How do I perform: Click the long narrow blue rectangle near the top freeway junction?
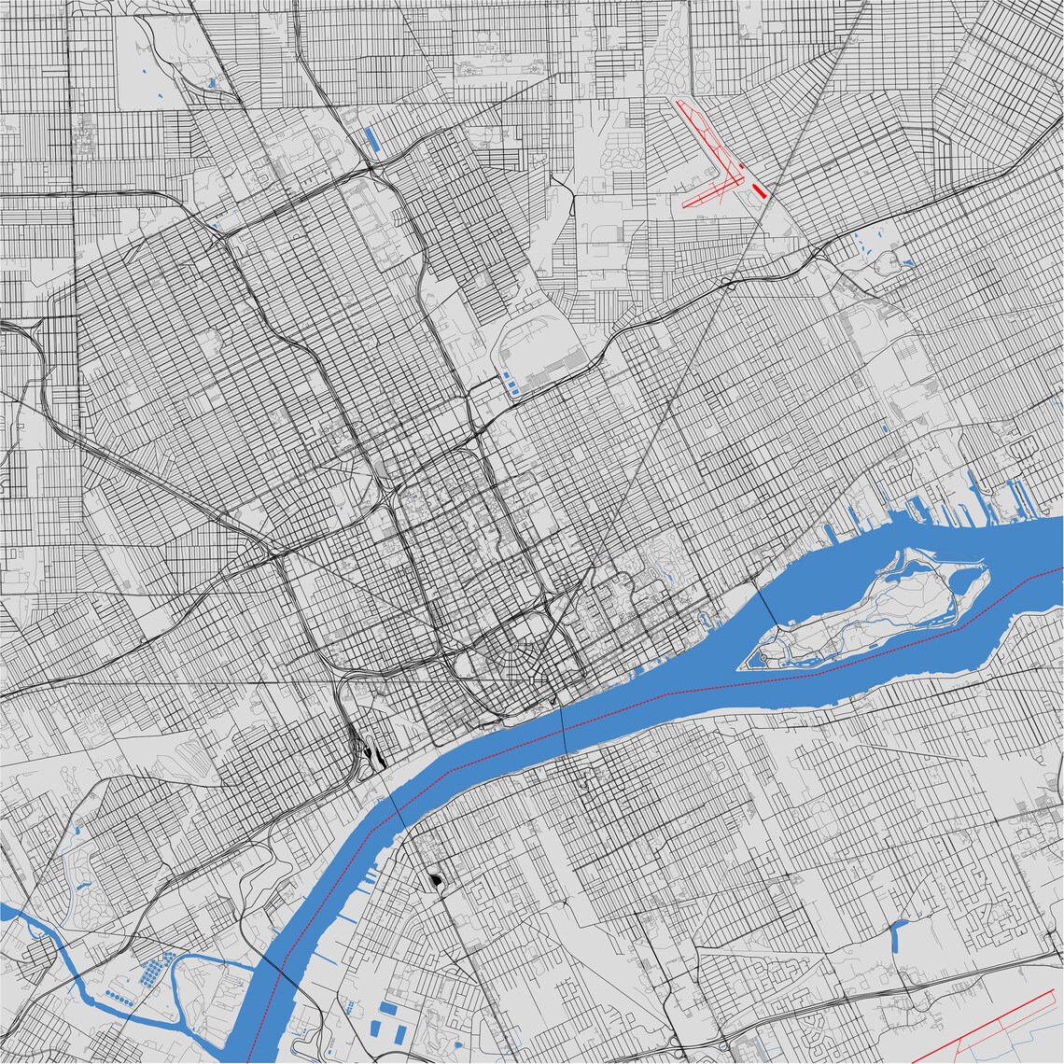pos(371,140)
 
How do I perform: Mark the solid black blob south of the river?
pos(435,879)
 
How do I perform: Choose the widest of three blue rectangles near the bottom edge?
pos(387,1008)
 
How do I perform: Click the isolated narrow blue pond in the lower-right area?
pos(899,933)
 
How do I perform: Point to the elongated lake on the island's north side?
pos(905,569)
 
